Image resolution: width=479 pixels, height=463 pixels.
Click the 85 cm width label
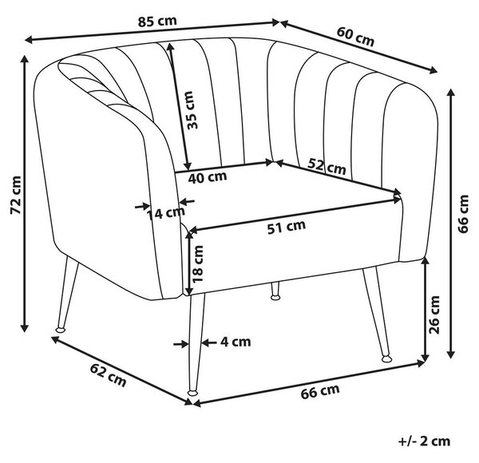pyautogui.click(x=157, y=21)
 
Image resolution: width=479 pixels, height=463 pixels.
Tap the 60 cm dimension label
pyautogui.click(x=355, y=37)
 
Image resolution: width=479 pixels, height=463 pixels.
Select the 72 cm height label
pyautogui.click(x=16, y=195)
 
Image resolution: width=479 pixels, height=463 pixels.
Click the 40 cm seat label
pyautogui.click(x=208, y=177)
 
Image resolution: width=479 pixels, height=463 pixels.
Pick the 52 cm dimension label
pyautogui.click(x=327, y=167)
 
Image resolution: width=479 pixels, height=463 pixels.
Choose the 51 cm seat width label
pyautogui.click(x=287, y=226)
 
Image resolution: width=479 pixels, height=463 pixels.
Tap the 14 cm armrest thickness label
pyautogui.click(x=166, y=213)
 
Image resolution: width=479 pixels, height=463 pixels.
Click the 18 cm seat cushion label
pyautogui.click(x=197, y=263)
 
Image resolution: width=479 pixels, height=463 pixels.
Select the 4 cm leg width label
pyautogui.click(x=236, y=342)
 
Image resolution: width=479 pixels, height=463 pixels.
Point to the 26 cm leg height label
pyautogui.click(x=433, y=315)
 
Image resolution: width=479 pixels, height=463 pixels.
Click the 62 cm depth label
pyautogui.click(x=108, y=375)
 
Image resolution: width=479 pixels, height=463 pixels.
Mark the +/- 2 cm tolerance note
pyautogui.click(x=425, y=441)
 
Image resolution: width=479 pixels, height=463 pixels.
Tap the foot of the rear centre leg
pyautogui.click(x=275, y=296)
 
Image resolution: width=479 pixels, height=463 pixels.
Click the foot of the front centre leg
pyautogui.click(x=192, y=393)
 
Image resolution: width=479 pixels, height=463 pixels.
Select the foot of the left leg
pyautogui.click(x=61, y=330)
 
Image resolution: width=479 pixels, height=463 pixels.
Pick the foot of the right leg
pyautogui.click(x=386, y=358)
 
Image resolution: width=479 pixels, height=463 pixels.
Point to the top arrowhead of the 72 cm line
pyautogui.click(x=25, y=58)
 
